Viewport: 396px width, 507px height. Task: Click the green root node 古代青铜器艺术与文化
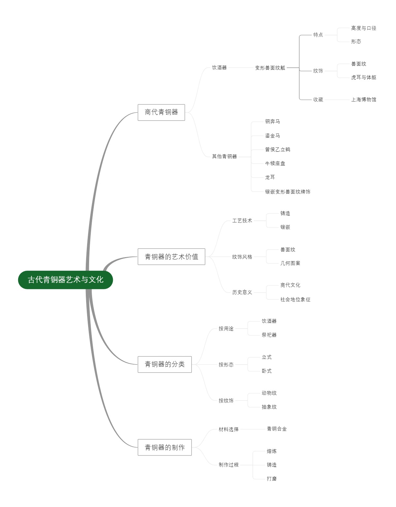65,280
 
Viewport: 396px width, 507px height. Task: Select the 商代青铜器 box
161,112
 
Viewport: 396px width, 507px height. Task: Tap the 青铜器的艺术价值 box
171,257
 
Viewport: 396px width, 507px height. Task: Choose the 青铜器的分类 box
164,364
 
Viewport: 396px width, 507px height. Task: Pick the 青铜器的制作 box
164,448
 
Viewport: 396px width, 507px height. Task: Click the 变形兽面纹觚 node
270,68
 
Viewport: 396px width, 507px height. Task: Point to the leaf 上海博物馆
363,99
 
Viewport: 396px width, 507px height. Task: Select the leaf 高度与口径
363,28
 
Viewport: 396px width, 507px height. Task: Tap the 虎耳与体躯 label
363,77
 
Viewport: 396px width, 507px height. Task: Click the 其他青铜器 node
224,156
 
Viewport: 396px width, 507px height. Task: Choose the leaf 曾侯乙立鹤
278,149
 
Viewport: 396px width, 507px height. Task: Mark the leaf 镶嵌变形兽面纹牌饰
287,192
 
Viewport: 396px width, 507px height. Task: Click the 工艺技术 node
242,220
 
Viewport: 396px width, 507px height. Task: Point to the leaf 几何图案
290,263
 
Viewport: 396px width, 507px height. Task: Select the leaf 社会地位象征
295,299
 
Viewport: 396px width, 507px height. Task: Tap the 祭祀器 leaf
269,335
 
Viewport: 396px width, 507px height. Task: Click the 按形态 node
226,365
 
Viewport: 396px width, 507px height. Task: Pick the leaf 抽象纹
269,407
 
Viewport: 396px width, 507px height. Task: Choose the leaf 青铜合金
277,429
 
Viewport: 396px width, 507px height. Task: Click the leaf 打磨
272,479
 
